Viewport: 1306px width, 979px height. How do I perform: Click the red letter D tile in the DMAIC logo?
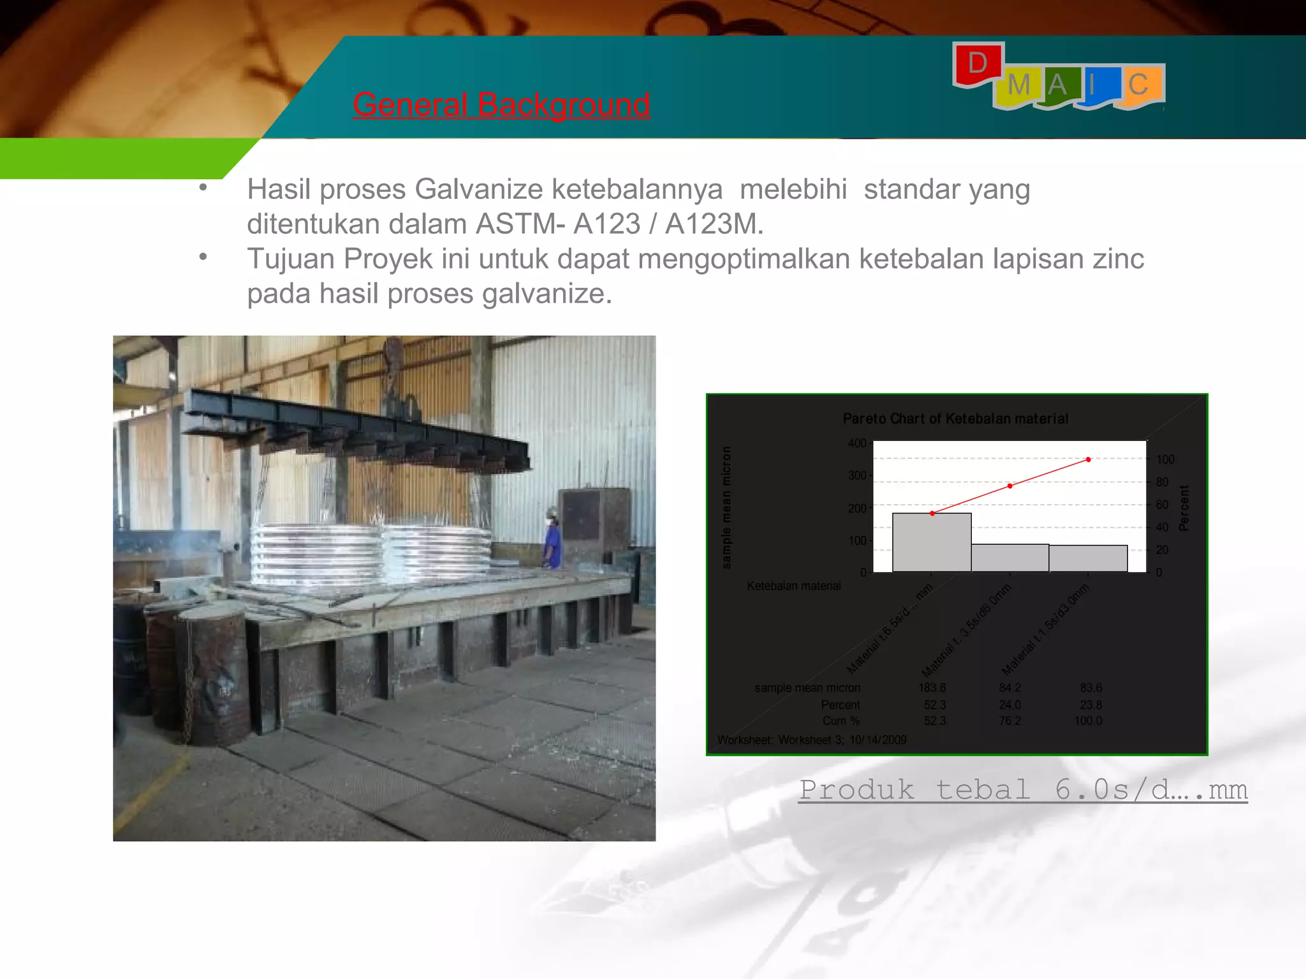click(x=978, y=64)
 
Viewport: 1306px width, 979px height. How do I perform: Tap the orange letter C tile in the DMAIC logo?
click(x=1139, y=85)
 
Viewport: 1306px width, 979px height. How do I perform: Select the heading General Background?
click(x=501, y=105)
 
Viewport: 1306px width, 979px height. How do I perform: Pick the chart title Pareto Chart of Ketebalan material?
click(x=955, y=419)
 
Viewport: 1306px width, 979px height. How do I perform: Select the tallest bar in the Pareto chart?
click(x=932, y=542)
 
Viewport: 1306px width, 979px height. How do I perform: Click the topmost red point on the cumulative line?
click(x=1089, y=460)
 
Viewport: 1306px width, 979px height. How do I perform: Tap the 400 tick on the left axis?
click(x=856, y=443)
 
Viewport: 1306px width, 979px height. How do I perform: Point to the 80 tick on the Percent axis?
click(x=1163, y=482)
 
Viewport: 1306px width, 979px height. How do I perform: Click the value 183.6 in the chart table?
click(x=932, y=688)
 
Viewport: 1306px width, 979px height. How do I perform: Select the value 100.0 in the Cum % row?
click(x=1088, y=721)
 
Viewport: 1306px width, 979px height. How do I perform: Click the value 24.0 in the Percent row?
click(x=1010, y=705)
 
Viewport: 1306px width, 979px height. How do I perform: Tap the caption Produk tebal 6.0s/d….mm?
click(x=1023, y=790)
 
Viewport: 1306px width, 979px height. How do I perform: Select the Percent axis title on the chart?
click(x=1184, y=508)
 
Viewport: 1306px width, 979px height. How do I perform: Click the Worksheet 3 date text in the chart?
click(x=812, y=740)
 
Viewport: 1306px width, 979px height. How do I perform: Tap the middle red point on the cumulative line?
click(x=1010, y=486)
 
